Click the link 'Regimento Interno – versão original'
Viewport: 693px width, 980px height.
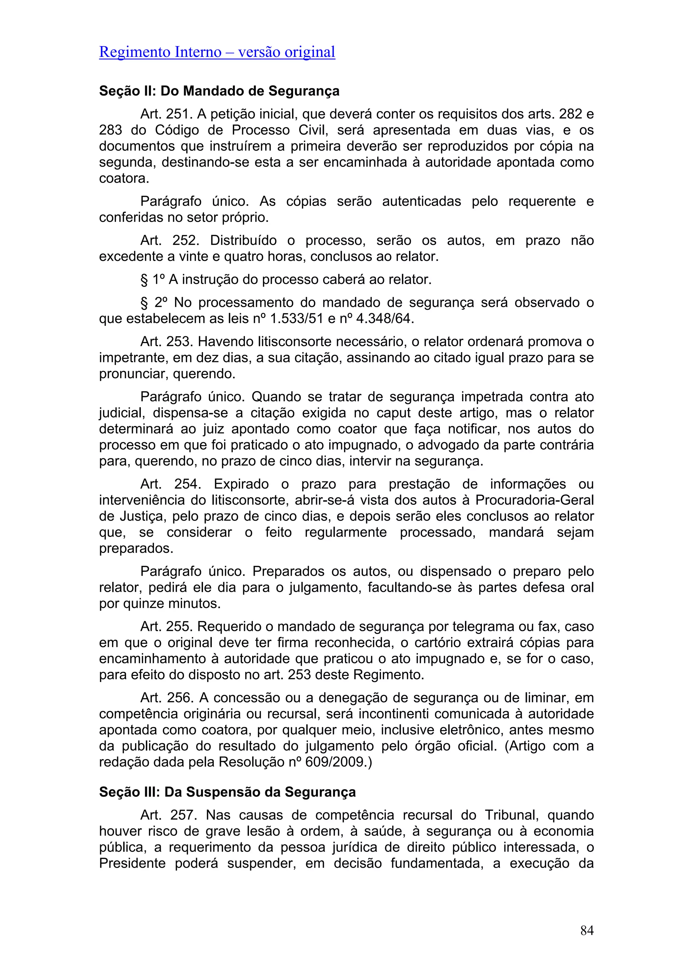[217, 52]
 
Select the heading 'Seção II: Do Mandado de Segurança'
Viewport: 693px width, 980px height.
[219, 91]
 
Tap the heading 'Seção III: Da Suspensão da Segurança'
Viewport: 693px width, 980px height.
[227, 792]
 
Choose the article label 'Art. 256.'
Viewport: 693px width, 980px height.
[167, 698]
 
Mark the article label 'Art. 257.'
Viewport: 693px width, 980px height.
[168, 815]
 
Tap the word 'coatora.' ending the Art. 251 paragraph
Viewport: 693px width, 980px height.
[124, 178]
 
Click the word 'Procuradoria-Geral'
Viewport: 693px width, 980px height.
[535, 500]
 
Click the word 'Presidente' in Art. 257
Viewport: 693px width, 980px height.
[132, 863]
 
